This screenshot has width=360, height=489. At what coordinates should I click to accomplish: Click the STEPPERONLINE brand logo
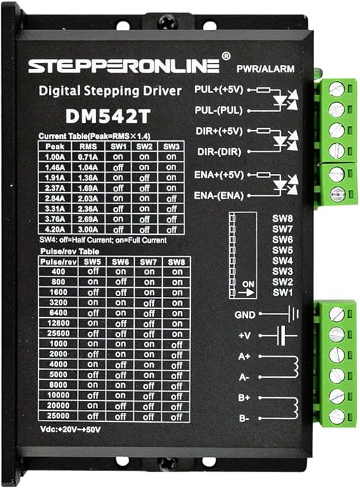click(x=124, y=66)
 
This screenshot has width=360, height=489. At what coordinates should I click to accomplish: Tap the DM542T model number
click(x=108, y=116)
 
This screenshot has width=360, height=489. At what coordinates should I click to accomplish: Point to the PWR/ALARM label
click(x=265, y=69)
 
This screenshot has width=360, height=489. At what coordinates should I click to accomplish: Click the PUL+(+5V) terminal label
click(x=219, y=90)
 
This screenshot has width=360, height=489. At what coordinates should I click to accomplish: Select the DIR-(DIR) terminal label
click(x=219, y=152)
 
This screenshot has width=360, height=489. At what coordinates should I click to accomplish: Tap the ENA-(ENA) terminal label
click(x=219, y=196)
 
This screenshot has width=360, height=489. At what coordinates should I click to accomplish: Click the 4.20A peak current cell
click(x=55, y=230)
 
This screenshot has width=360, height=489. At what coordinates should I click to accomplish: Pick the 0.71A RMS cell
click(x=87, y=157)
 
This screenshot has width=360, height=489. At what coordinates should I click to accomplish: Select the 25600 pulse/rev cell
click(x=58, y=333)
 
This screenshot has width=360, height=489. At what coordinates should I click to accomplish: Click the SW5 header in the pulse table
click(x=92, y=262)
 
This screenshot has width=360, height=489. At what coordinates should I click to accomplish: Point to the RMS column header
click(x=88, y=147)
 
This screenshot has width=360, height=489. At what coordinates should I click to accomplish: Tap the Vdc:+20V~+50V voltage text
click(x=71, y=430)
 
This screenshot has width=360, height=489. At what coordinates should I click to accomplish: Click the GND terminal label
click(x=245, y=315)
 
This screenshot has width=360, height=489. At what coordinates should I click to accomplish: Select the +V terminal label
click(x=245, y=336)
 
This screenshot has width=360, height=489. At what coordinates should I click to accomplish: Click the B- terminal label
click(x=244, y=418)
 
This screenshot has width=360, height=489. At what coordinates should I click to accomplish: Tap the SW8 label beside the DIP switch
click(x=282, y=218)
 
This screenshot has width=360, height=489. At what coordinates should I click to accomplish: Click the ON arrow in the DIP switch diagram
click(x=247, y=293)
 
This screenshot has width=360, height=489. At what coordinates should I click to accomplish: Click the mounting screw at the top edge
click(x=168, y=23)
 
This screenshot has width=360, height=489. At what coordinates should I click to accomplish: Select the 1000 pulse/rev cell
click(x=58, y=344)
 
